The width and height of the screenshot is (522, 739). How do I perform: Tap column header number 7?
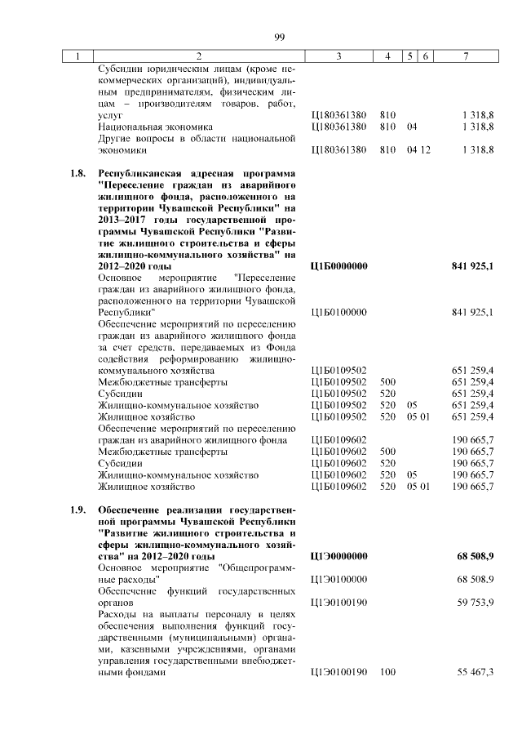click(x=465, y=56)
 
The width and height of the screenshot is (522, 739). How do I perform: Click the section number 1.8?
click(x=77, y=174)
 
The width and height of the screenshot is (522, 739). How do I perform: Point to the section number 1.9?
click(x=77, y=510)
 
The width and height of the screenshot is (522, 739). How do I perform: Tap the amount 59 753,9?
click(x=473, y=603)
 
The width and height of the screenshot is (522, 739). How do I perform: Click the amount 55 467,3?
click(x=473, y=672)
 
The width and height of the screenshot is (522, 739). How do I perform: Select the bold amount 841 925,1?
click(x=471, y=266)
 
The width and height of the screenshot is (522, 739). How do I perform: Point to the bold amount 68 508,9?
click(x=475, y=556)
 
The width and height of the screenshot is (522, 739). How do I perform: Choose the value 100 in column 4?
click(x=387, y=672)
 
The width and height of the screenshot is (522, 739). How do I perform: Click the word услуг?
click(x=110, y=116)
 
